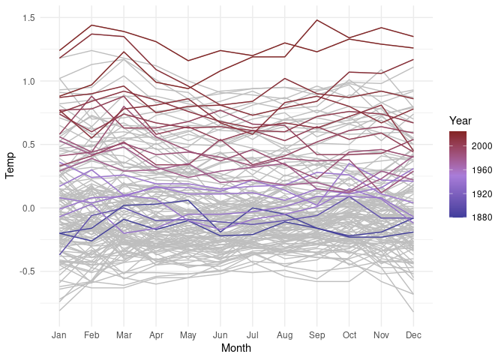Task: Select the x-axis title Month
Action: point(236,349)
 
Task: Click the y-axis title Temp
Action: point(10,170)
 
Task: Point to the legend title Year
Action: point(460,121)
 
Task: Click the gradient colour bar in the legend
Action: point(458,174)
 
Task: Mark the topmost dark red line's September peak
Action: point(316,20)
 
